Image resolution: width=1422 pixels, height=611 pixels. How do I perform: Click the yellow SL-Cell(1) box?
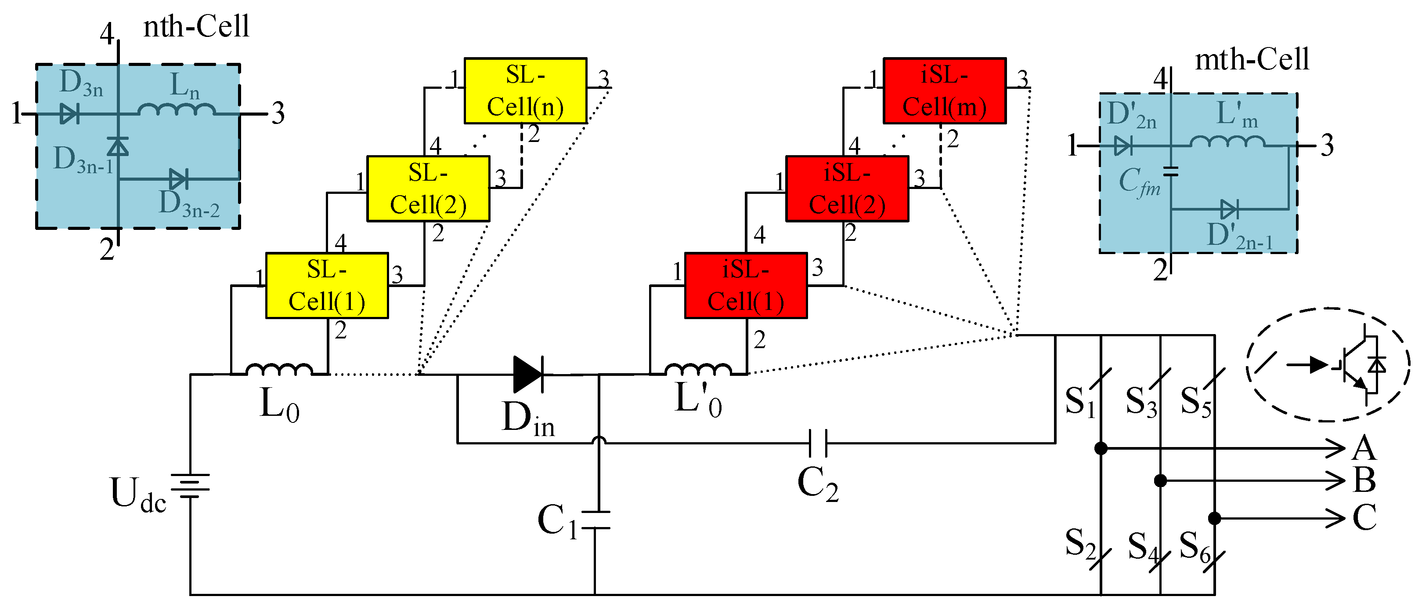click(x=327, y=286)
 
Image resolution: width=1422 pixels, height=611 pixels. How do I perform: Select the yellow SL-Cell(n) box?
click(x=525, y=91)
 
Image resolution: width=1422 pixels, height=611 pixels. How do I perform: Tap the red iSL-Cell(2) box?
click(x=847, y=189)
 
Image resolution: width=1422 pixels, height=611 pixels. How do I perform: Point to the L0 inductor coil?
click(x=279, y=370)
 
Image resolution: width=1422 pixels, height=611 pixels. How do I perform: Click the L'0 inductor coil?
click(x=698, y=370)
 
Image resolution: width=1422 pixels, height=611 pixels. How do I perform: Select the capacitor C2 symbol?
click(x=818, y=443)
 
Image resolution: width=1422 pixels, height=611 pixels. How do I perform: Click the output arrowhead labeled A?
click(x=1336, y=448)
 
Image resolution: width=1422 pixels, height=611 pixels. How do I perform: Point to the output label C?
click(x=1364, y=518)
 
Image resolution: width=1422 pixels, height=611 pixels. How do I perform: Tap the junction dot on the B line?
click(x=1160, y=480)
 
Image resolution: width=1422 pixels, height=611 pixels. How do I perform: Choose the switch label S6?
click(x=1195, y=546)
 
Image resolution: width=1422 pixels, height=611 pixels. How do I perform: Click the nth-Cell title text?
click(x=196, y=26)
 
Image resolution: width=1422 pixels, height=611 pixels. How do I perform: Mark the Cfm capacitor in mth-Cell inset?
click(x=1170, y=172)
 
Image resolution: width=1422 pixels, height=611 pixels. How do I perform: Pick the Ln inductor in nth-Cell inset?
click(x=176, y=109)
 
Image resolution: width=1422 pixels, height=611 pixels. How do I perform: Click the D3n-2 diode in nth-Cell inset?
click(x=178, y=179)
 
